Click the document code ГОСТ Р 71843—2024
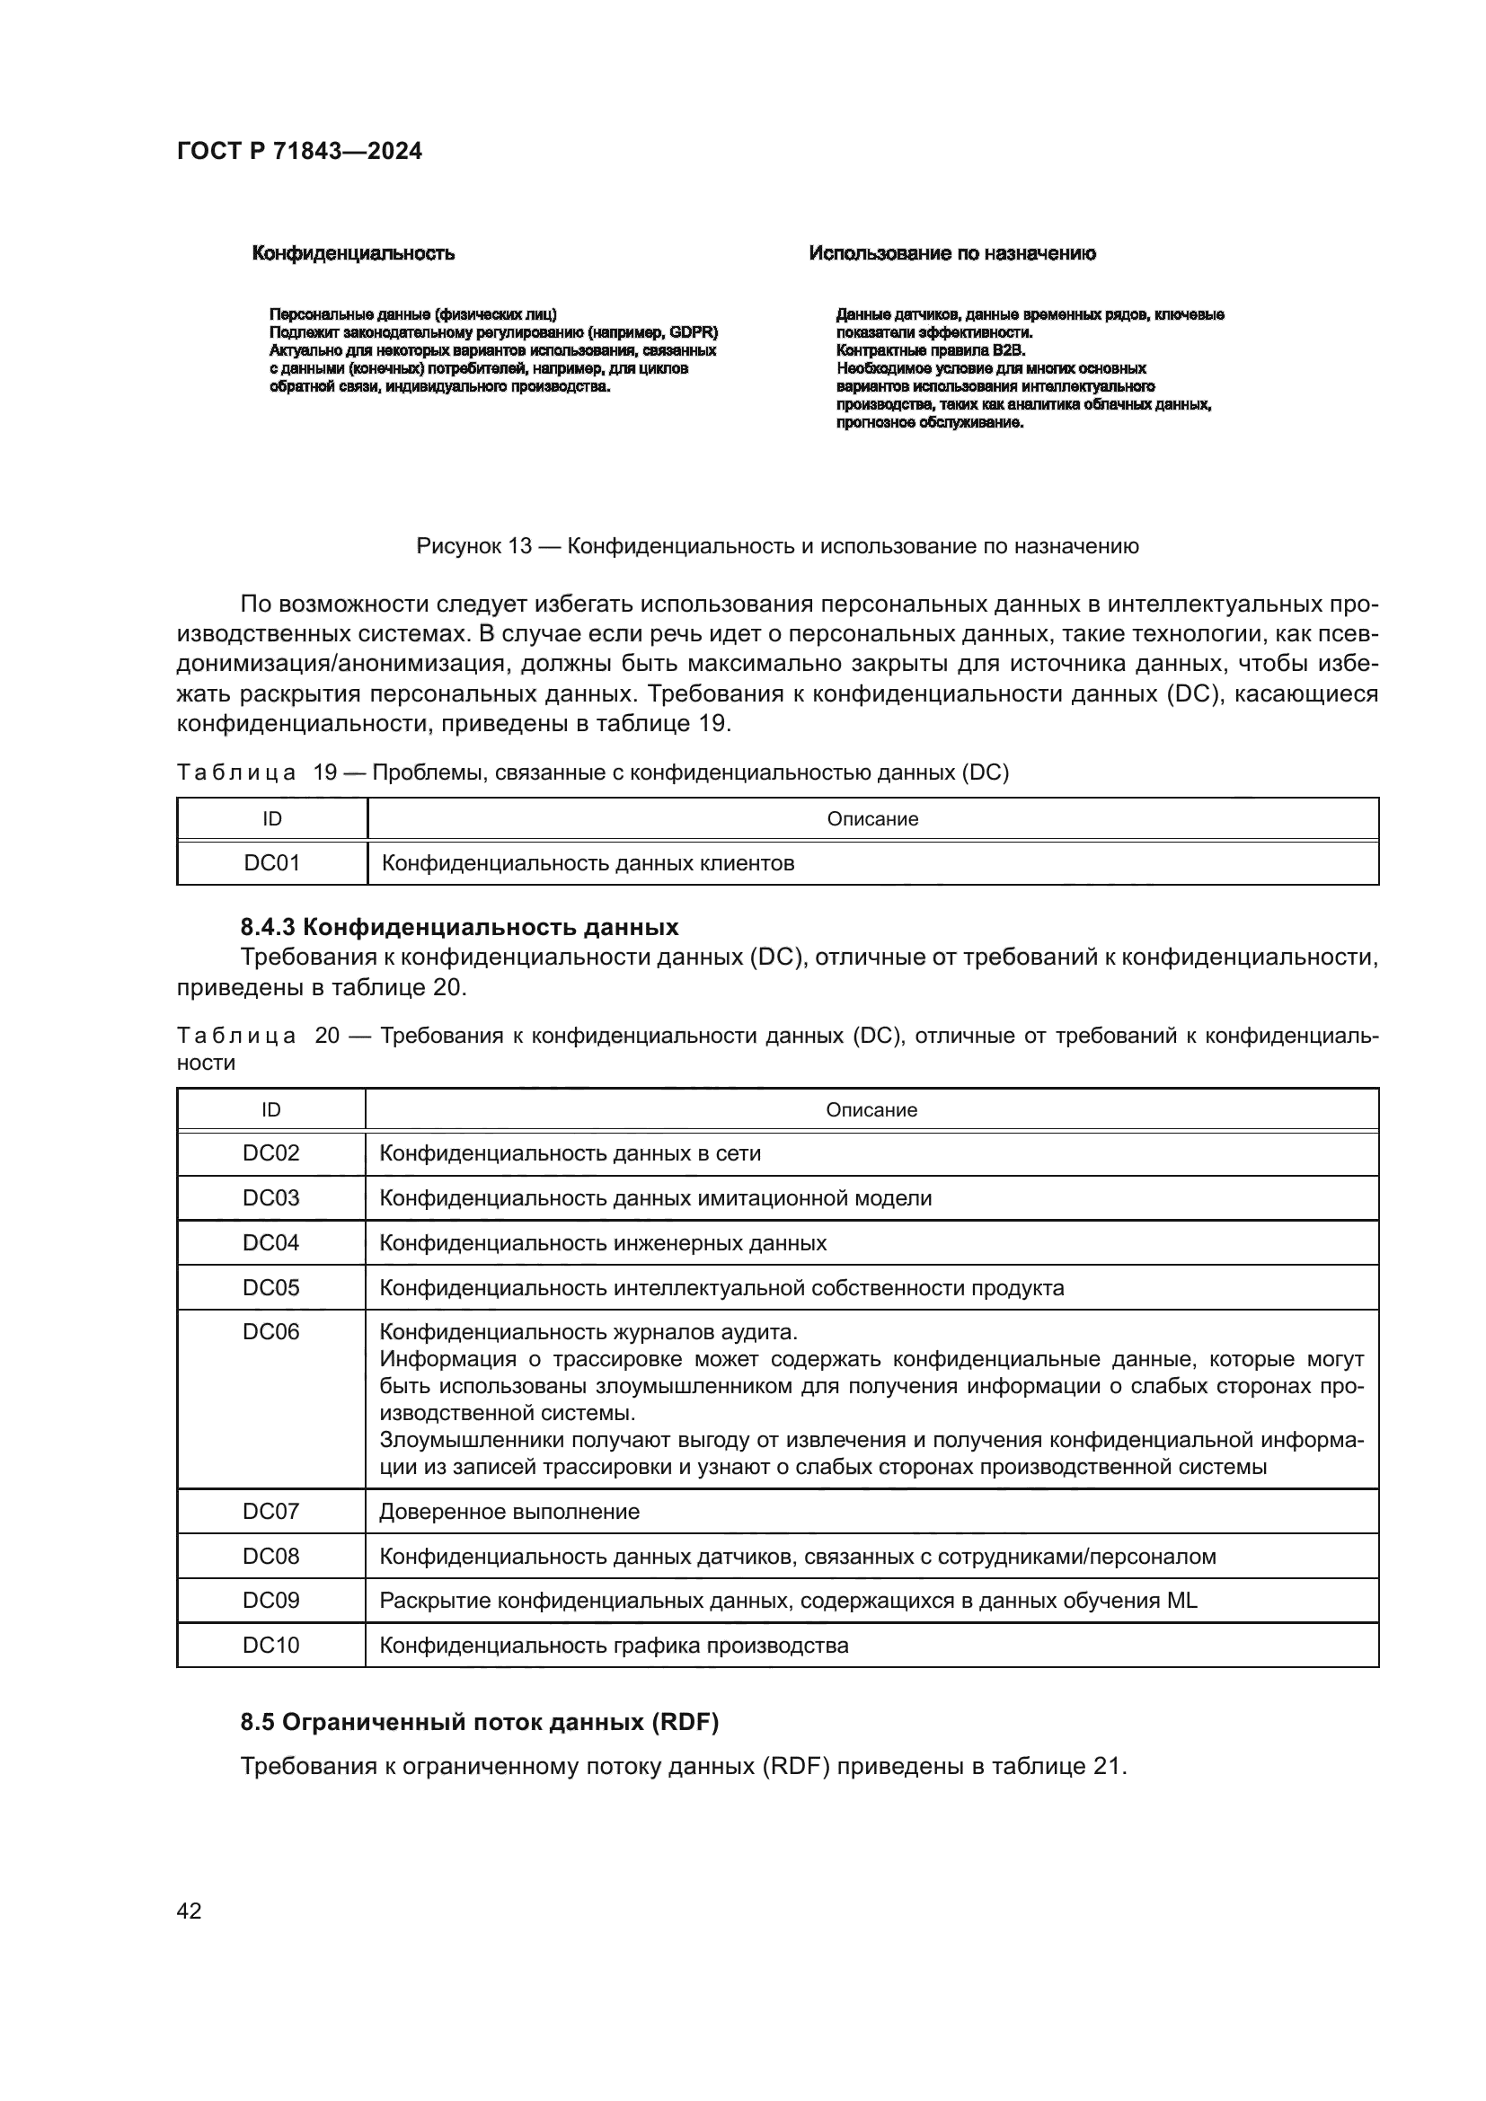299,152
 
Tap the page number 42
189,1911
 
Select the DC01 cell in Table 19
271,863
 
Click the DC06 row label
270,1331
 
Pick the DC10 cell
270,1646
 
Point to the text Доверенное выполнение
509,1512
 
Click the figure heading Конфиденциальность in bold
353,253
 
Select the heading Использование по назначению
951,253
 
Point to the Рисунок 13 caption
777,547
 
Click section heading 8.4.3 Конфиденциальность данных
459,927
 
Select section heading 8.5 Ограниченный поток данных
480,1722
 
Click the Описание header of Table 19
872,819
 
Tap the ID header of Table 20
270,1110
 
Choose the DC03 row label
270,1198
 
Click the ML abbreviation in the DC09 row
1181,1601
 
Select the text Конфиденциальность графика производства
613,1646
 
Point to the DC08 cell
270,1557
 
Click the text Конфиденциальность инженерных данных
602,1242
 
